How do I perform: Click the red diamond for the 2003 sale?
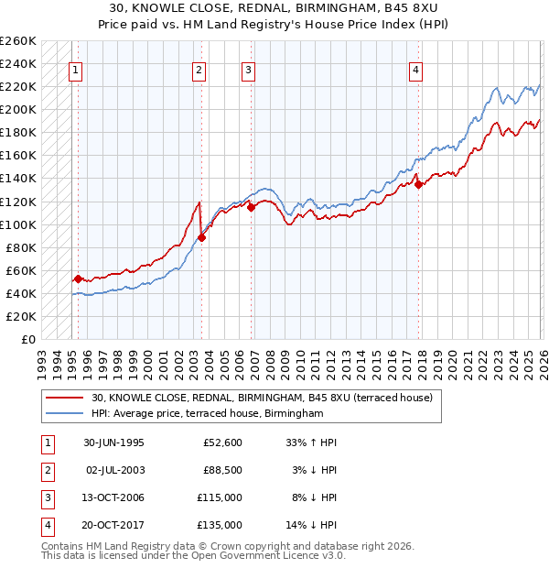[201, 237]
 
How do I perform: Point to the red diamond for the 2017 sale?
[419, 184]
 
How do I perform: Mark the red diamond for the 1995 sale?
[79, 279]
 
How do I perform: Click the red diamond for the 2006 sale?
[252, 207]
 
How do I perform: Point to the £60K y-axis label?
[21, 270]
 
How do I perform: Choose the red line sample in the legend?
[64, 398]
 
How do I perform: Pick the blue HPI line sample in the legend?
[64, 414]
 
